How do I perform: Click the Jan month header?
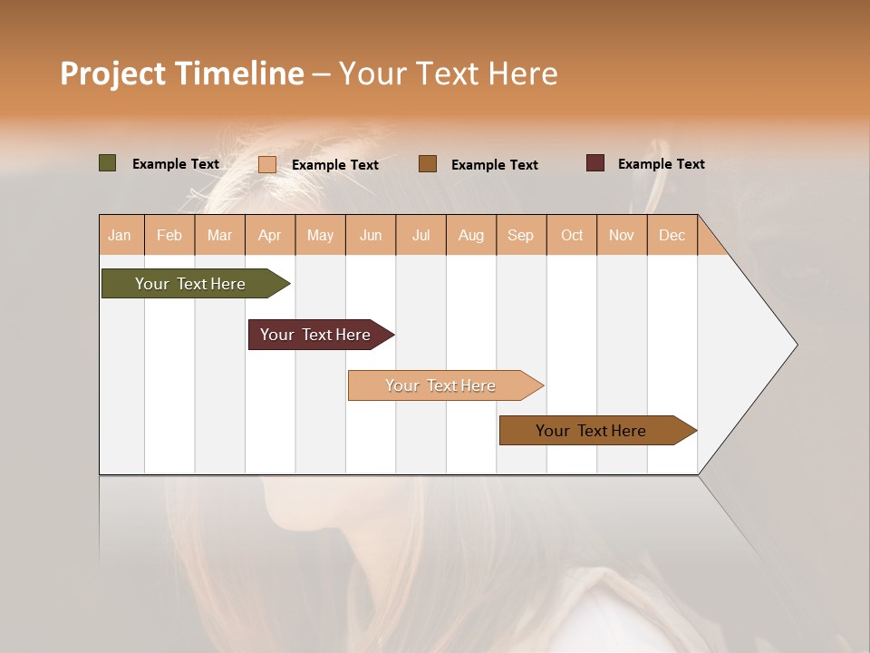[121, 235]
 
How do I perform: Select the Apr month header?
[270, 235]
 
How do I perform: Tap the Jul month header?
[420, 235]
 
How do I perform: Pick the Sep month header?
[520, 235]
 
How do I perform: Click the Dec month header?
[672, 235]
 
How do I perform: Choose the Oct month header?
[572, 235]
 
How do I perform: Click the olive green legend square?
[108, 163]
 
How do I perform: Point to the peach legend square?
[267, 164]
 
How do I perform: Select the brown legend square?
[428, 164]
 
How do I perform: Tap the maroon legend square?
[595, 163]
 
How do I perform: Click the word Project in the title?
[112, 73]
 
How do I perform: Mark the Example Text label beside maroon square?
[661, 164]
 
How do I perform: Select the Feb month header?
[169, 235]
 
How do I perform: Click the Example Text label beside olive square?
[176, 164]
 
